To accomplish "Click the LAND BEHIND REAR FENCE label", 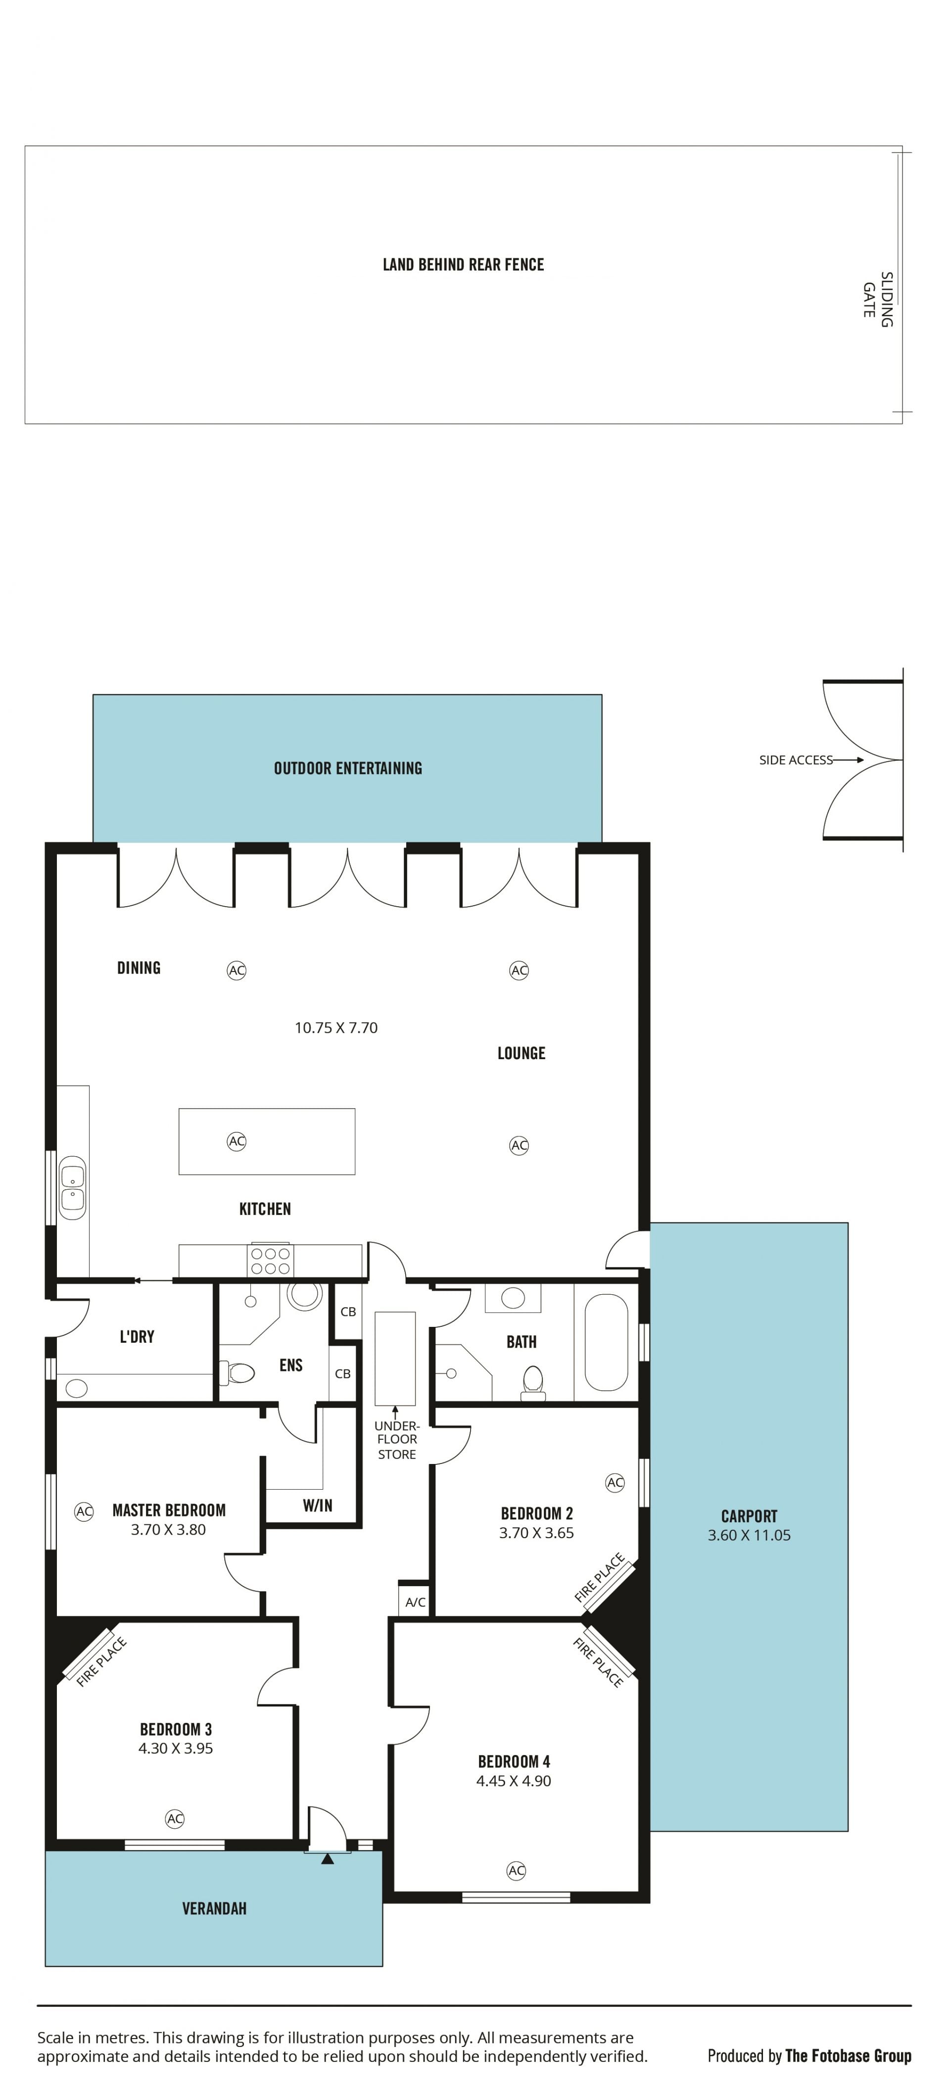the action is [463, 264].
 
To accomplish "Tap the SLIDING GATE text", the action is [878, 299].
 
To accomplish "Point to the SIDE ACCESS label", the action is [796, 760].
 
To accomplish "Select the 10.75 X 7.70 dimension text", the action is [336, 1028].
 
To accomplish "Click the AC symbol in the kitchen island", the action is [237, 1142].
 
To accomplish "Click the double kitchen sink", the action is [72, 1187].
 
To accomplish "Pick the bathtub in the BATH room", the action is [606, 1343].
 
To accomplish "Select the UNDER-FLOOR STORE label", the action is [397, 1440].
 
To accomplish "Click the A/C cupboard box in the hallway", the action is [415, 1602].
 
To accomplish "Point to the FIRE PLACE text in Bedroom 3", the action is [101, 1661].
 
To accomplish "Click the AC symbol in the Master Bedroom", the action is [84, 1512].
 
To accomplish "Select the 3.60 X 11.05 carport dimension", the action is [749, 1535].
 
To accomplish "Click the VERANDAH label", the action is [214, 1909].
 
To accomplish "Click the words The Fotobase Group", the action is [849, 2056].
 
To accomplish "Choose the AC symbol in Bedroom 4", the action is [517, 1870].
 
